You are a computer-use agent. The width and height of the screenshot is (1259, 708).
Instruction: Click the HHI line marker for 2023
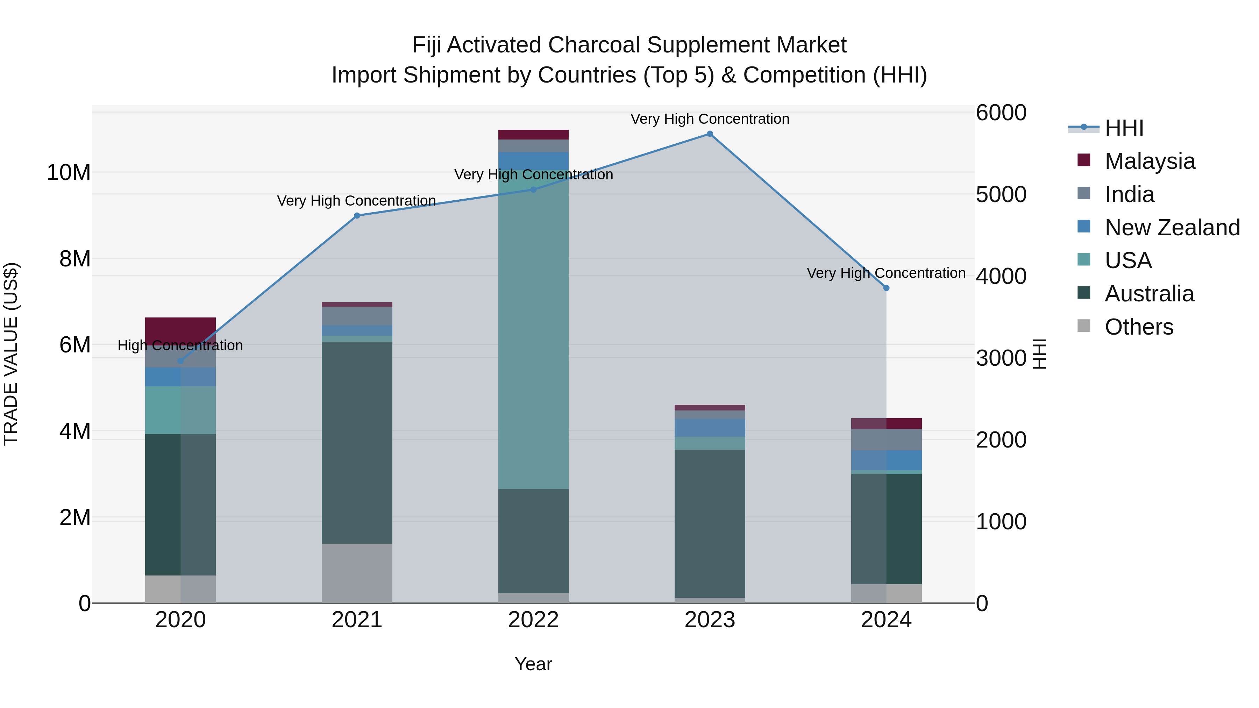(710, 134)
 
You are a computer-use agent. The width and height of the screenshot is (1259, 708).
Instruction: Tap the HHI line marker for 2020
(180, 361)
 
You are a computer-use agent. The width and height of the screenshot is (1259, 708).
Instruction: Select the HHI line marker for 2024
(886, 288)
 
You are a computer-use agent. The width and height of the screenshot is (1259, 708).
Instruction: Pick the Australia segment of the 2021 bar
(357, 442)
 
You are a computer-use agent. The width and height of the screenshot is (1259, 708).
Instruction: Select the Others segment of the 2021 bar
(357, 573)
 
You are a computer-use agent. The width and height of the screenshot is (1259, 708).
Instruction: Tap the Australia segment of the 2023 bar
(710, 523)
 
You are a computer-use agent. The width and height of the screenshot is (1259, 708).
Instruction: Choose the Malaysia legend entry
(1150, 161)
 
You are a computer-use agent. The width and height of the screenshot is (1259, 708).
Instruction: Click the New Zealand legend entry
(1172, 228)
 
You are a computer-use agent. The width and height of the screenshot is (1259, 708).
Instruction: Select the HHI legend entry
(1124, 128)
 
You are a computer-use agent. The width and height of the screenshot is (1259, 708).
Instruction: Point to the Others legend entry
(1139, 327)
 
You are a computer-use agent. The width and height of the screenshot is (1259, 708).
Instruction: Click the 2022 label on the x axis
(533, 620)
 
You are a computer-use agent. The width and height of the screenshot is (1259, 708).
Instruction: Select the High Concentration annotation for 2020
(180, 345)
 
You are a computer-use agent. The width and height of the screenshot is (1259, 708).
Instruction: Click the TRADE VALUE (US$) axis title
(11, 354)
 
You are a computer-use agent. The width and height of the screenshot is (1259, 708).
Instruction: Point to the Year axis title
(533, 664)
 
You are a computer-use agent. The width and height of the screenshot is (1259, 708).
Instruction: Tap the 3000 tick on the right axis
(1001, 358)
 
